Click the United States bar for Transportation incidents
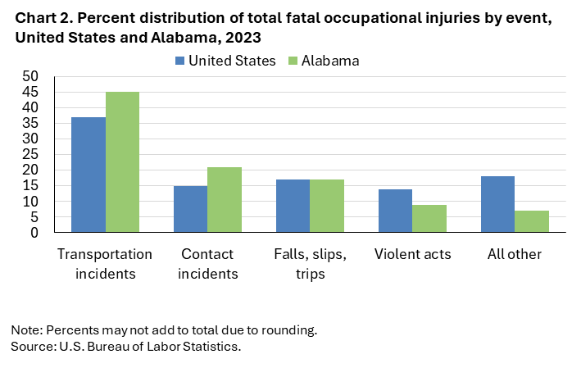(x=89, y=175)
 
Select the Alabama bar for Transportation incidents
(x=122, y=162)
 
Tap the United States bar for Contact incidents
(x=190, y=209)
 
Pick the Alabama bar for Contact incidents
(x=225, y=200)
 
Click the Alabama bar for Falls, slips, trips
(x=326, y=206)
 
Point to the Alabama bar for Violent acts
(x=429, y=219)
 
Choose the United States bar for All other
(x=497, y=204)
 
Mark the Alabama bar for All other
(x=531, y=221)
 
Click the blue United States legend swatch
(x=179, y=61)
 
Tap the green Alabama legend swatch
(x=293, y=61)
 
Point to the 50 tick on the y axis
(x=30, y=76)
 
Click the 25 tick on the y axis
(x=30, y=155)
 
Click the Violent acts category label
(x=412, y=254)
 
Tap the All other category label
(x=514, y=254)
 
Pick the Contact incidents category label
(x=207, y=264)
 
